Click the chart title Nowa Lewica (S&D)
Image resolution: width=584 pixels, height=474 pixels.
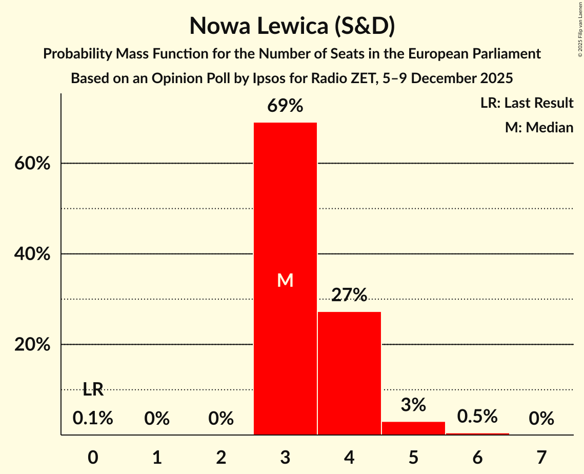click(292, 26)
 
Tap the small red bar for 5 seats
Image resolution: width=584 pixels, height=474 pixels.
click(413, 428)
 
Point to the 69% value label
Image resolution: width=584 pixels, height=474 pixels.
click(285, 106)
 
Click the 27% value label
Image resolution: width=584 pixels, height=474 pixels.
click(349, 295)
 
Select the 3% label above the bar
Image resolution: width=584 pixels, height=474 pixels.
click(413, 405)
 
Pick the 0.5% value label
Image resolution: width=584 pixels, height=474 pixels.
click(477, 417)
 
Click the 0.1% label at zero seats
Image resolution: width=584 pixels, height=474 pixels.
click(93, 419)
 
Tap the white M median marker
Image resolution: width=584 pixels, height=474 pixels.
click(285, 280)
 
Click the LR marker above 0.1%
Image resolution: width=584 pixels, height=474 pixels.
click(93, 390)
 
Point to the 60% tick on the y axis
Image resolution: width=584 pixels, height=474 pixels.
click(32, 164)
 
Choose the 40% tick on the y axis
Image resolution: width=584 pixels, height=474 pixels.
click(32, 254)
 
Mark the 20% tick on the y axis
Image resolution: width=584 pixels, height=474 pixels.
click(32, 345)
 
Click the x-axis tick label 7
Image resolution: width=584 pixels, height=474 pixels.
click(541, 457)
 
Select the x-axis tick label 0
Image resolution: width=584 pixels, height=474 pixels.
click(93, 457)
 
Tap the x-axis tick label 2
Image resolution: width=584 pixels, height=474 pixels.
click(221, 457)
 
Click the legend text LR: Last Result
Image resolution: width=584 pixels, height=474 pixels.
click(527, 103)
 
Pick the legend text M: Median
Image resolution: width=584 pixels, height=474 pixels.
click(539, 127)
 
